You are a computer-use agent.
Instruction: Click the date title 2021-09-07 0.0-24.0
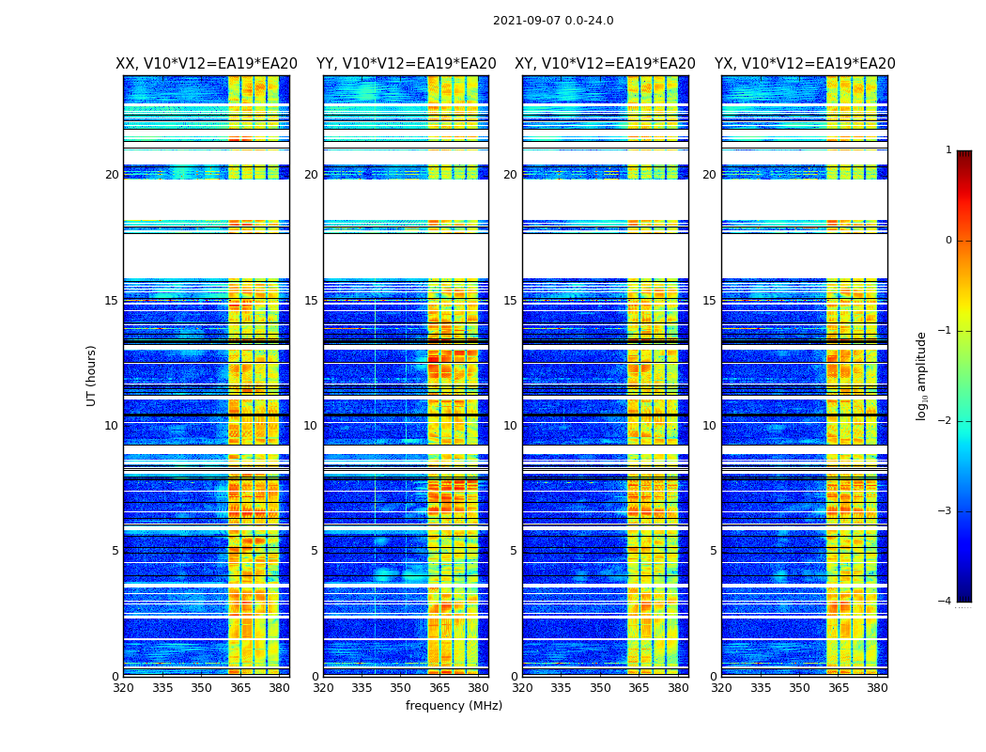coord(553,21)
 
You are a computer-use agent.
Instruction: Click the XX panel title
coord(207,64)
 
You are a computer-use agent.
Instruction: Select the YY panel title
coord(406,64)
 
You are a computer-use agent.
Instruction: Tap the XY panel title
coord(605,64)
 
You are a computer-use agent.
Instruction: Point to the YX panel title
coord(805,64)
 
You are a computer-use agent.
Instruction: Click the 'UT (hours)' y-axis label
coord(92,375)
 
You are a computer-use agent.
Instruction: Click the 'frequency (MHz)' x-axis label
coord(454,706)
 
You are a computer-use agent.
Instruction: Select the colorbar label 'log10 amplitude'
coord(922,375)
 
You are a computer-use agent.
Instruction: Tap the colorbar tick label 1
coord(947,150)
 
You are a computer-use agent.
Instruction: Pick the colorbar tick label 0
coord(947,241)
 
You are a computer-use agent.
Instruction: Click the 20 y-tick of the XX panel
coord(112,175)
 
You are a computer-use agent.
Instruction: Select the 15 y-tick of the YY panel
coord(311,301)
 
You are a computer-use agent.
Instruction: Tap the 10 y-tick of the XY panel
coord(510,426)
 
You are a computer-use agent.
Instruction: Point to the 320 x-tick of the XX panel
coord(123,688)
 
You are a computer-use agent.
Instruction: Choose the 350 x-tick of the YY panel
coord(401,688)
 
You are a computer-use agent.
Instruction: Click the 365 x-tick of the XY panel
coord(639,688)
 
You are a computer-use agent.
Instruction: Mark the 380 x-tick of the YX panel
coord(877,688)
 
